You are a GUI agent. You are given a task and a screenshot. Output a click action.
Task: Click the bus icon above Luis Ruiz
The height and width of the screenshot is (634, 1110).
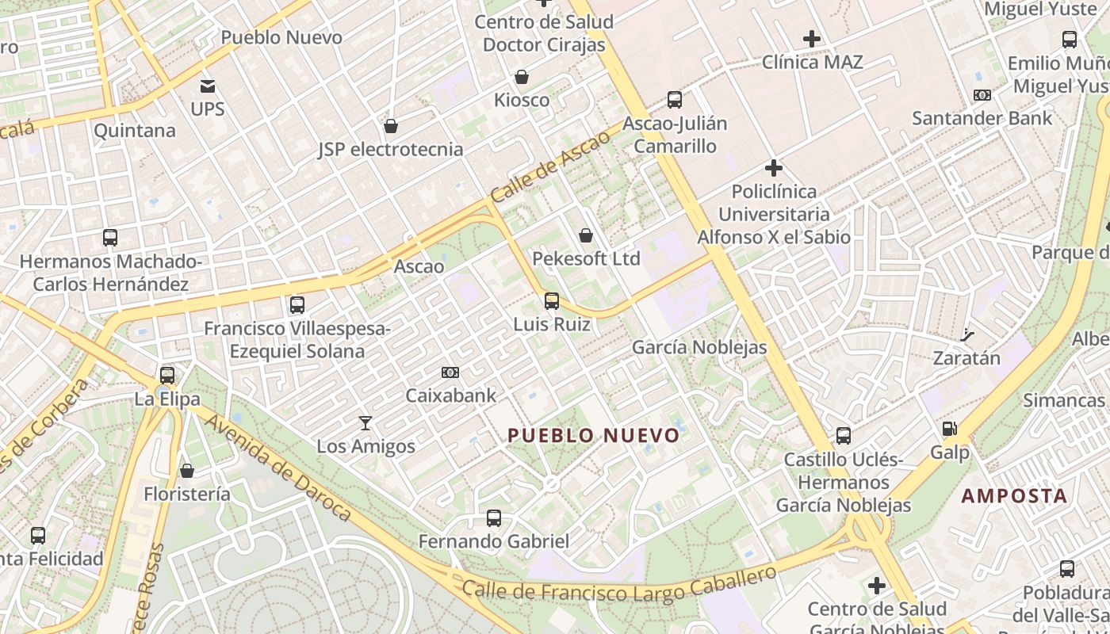coord(551,301)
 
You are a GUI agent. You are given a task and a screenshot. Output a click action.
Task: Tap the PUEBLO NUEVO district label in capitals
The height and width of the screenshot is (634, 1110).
coord(594,435)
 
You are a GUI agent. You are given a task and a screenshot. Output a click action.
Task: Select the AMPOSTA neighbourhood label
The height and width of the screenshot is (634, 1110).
coord(1014,496)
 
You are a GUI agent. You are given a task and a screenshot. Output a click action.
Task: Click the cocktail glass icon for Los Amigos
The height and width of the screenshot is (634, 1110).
coord(366,422)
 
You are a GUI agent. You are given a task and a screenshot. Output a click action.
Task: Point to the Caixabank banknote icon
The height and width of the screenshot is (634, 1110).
coord(450,372)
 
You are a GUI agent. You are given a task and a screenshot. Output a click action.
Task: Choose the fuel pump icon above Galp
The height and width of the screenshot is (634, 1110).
coord(949,429)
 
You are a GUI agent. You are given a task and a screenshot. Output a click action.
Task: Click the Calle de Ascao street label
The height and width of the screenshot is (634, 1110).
coord(550,166)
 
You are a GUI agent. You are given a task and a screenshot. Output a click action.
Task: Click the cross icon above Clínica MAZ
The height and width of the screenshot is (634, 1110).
coord(812,38)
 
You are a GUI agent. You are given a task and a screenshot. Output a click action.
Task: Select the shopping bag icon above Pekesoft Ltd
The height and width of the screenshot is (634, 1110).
coord(586,235)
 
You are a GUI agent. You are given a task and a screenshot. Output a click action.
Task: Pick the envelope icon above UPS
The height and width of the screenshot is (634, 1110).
coord(208,86)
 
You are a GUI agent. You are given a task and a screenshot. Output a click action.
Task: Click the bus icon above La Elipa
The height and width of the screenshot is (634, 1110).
coord(166,375)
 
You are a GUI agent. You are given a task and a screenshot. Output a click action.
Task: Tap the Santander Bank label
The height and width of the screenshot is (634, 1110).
coord(982,119)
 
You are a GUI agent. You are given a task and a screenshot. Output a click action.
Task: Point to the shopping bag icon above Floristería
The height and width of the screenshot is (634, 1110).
coord(187,471)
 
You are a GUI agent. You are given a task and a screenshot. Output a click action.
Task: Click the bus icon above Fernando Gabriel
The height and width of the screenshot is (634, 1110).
coord(493,518)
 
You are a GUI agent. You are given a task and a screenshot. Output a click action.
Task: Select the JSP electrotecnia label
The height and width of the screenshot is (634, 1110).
coord(390,149)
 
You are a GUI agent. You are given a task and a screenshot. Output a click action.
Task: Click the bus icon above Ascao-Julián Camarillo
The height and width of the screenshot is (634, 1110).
coord(674,100)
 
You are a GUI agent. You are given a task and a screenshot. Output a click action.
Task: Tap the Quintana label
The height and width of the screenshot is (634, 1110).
coord(135,131)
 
